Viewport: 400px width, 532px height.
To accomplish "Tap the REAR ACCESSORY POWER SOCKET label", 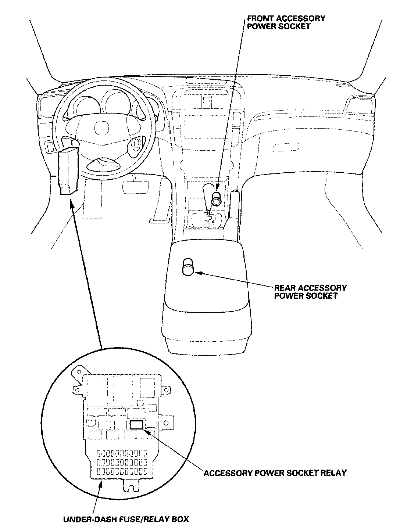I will (x=310, y=292).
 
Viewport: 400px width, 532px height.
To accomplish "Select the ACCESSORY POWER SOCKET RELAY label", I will (x=275, y=472).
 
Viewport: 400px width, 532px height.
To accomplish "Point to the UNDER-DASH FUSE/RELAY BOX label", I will (x=126, y=519).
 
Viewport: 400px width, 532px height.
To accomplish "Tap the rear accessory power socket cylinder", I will (x=188, y=267).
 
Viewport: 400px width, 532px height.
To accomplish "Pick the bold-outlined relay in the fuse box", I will (x=136, y=425).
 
